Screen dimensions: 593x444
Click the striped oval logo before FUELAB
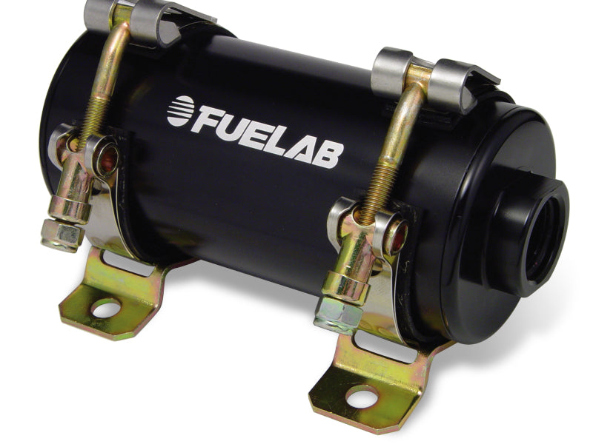pos(180,111)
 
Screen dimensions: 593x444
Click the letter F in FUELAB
pos(207,119)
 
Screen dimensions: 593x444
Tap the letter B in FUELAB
pos(330,154)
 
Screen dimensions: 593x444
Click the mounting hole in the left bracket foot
pos(106,309)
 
